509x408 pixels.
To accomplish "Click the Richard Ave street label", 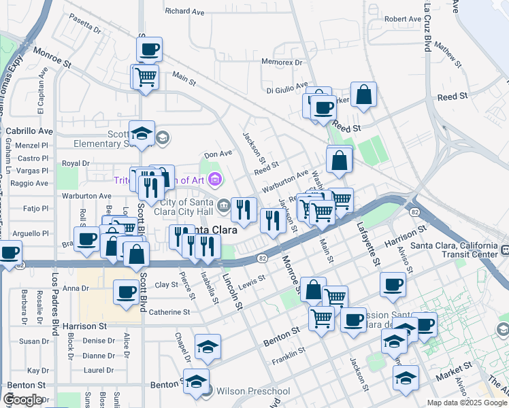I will [x=184, y=12].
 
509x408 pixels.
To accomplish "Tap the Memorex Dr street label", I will [x=282, y=63].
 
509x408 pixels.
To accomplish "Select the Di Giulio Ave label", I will [x=286, y=90].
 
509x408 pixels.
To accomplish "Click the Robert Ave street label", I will [x=402, y=19].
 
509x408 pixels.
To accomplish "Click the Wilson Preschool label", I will [x=252, y=391].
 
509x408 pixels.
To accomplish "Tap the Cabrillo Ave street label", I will [x=29, y=131].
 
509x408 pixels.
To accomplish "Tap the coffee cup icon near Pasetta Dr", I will [x=149, y=49].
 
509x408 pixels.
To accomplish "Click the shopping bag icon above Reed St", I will [x=364, y=95].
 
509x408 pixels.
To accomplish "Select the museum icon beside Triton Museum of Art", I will [x=216, y=180].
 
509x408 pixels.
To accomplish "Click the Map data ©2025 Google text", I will [x=466, y=403].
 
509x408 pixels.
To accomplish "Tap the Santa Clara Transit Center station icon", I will [x=504, y=250].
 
